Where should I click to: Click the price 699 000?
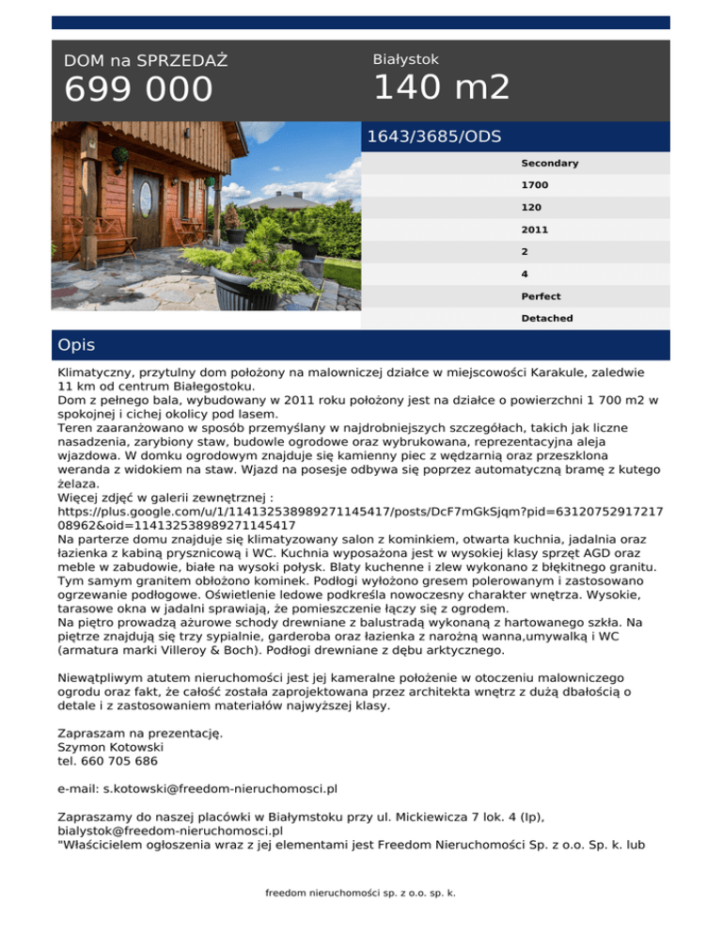pos(138,90)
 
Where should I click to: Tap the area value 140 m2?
pos(441,87)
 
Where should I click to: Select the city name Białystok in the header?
pos(405,59)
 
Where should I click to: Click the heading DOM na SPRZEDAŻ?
pos(146,61)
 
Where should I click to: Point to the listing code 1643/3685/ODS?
pos(433,136)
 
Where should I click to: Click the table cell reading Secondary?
pos(549,163)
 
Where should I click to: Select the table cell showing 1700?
pos(535,185)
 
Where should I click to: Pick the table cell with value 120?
pos(532,207)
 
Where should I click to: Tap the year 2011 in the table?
pos(535,229)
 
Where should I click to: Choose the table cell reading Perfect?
pos(542,295)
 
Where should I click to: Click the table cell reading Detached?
pos(546,318)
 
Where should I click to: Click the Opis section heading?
pos(76,345)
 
